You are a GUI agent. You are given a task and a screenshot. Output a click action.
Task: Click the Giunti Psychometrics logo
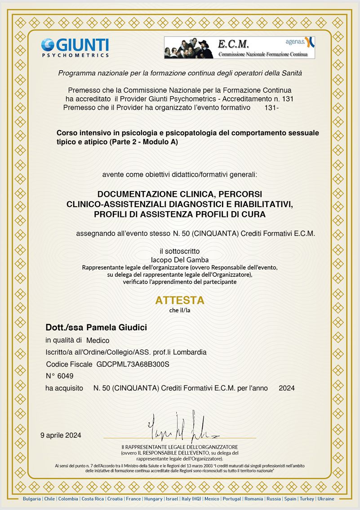[75, 48]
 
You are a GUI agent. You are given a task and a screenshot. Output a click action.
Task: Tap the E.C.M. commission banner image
[239, 48]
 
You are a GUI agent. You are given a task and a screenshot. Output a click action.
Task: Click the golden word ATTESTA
[180, 300]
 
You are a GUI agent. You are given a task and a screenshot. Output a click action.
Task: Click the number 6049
[65, 376]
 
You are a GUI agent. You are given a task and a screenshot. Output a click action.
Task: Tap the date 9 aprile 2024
[61, 435]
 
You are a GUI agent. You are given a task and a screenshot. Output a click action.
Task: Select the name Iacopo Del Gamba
[180, 260]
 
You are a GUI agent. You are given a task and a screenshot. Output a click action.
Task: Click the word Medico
[98, 340]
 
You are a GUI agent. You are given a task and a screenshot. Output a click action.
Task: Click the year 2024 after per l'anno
[287, 388]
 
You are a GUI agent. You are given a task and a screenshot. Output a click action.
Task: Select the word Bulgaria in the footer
[32, 499]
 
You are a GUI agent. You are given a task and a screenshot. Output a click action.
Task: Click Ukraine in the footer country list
[326, 499]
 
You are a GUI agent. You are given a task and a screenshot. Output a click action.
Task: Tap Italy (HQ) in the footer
[191, 499]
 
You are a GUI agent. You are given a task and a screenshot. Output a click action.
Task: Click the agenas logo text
[295, 42]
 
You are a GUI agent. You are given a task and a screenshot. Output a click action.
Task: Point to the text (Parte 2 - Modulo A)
[144, 142]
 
